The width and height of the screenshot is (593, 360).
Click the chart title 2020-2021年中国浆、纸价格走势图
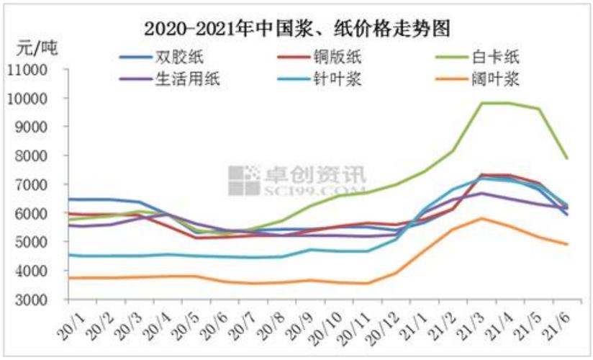pos(296,29)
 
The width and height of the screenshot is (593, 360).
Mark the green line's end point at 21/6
pos(568,158)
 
